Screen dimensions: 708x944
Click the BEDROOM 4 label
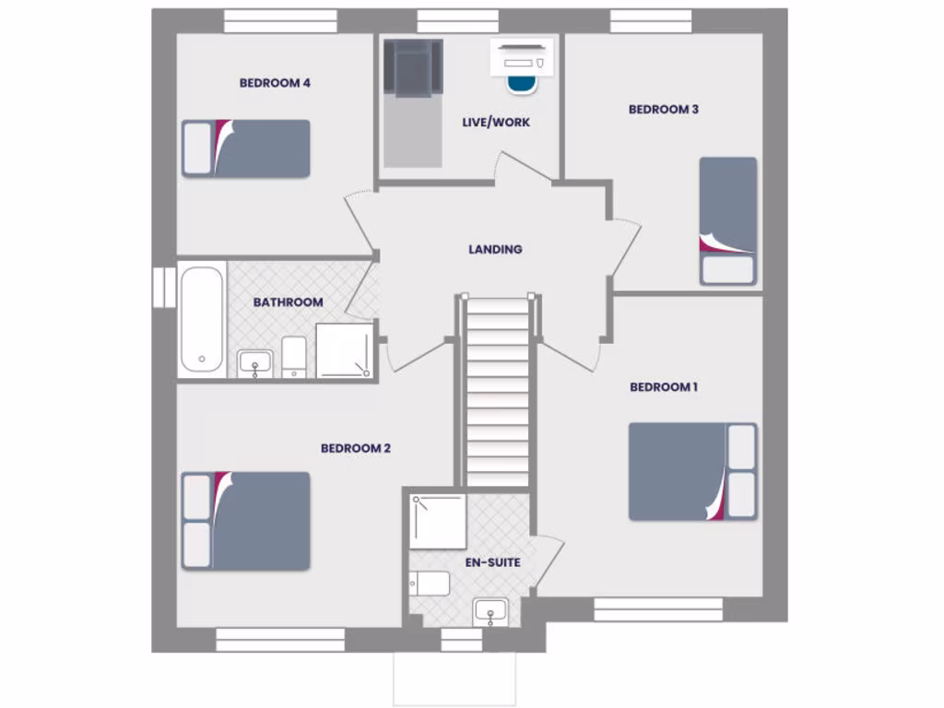click(x=275, y=83)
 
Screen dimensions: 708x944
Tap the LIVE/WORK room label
click(x=496, y=122)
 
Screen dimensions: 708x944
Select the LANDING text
click(x=495, y=249)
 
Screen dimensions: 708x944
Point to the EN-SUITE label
click(x=492, y=562)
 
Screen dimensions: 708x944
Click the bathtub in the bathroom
click(x=202, y=319)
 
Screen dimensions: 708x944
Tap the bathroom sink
click(x=254, y=363)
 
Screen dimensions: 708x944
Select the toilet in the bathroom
click(x=294, y=356)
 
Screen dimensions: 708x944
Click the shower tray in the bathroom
click(x=345, y=350)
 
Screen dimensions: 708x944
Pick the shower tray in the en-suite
click(x=439, y=522)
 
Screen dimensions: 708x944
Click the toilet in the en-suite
click(x=431, y=584)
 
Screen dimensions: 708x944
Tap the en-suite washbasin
click(x=490, y=611)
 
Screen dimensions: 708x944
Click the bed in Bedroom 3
click(x=727, y=220)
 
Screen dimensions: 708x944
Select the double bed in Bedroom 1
click(x=692, y=471)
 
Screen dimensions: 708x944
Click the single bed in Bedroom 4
click(x=246, y=148)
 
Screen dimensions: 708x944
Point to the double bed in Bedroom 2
click(x=245, y=521)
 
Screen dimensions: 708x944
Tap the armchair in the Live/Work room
click(x=413, y=67)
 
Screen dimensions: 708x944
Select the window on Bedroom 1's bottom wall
click(x=657, y=608)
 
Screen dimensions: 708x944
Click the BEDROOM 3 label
click(x=664, y=110)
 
